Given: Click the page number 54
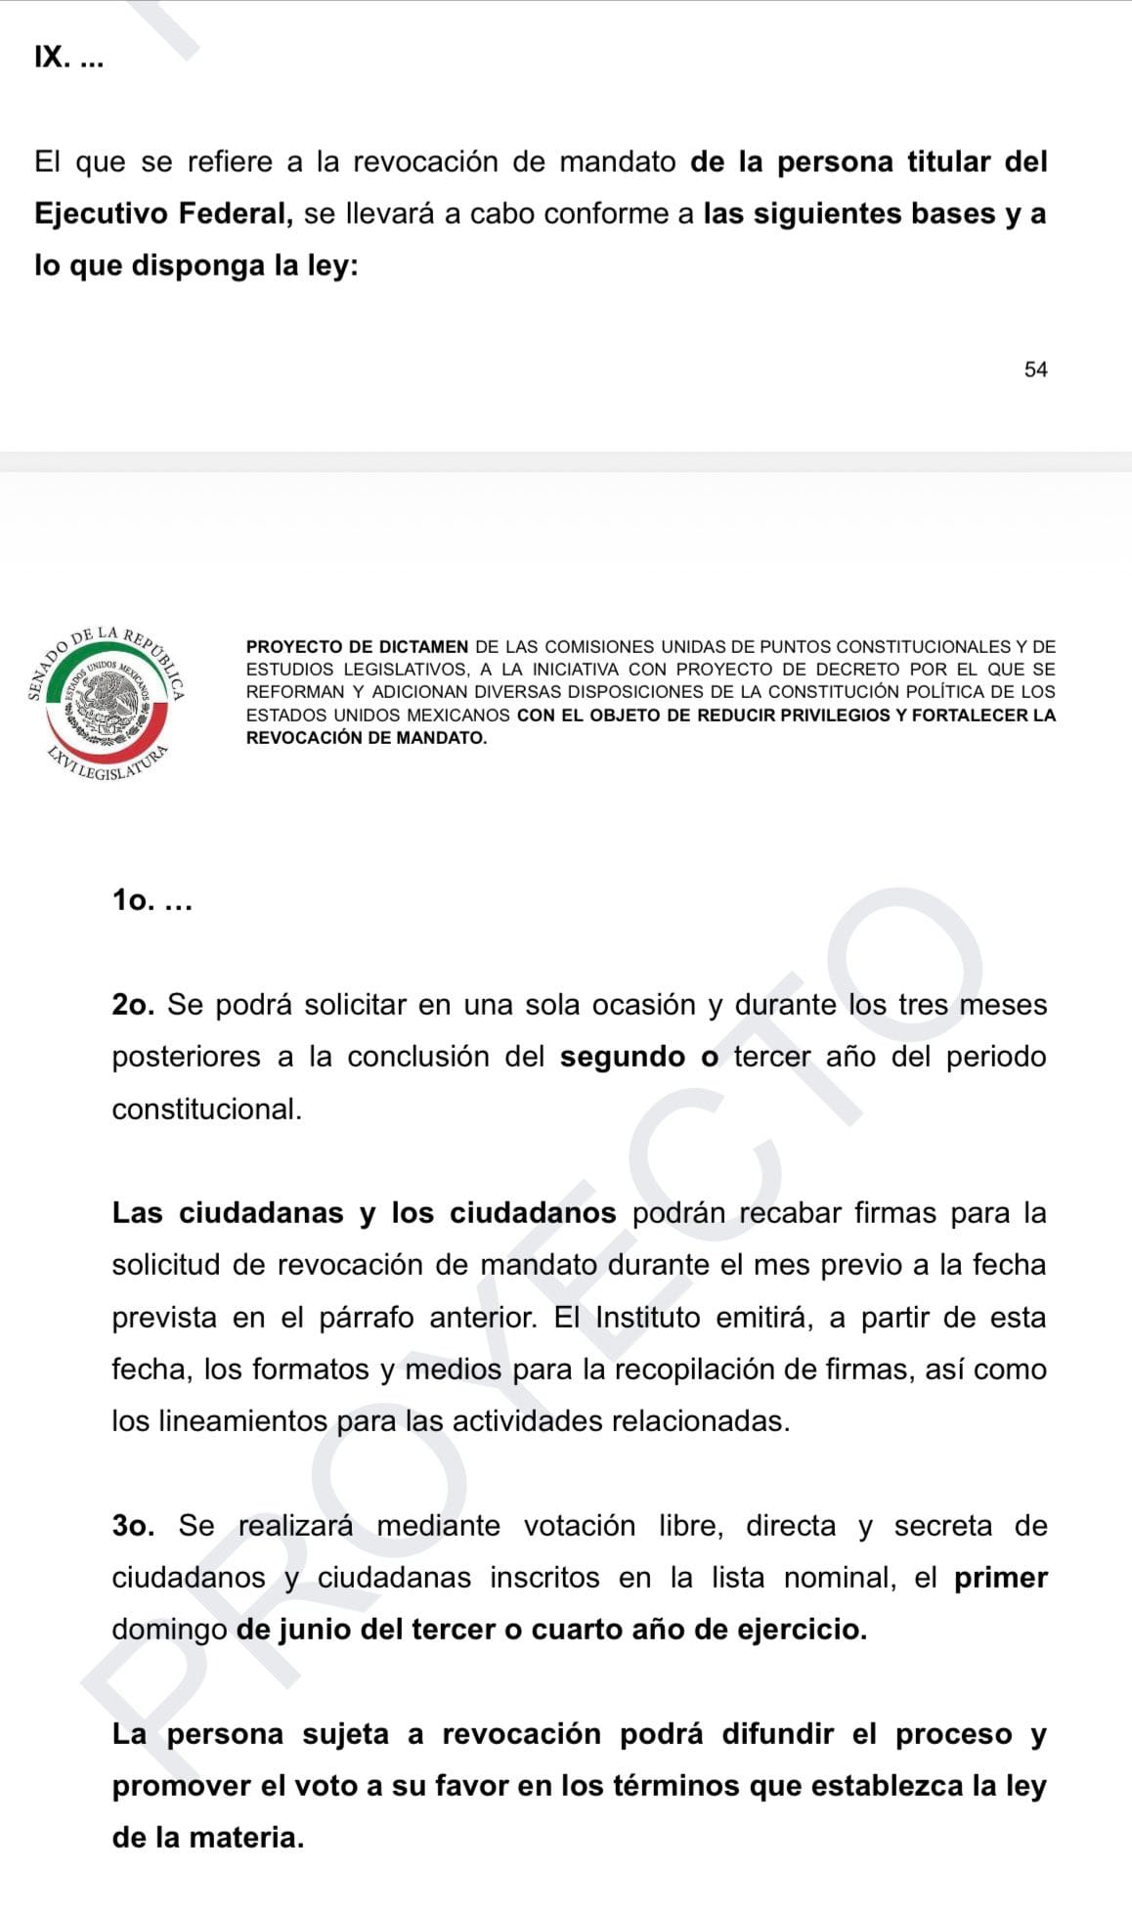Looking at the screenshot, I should click(x=1035, y=370).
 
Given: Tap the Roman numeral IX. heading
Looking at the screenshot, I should click(x=52, y=58).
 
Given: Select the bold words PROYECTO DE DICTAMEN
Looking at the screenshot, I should click(x=357, y=647).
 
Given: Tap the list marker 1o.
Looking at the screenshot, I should click(x=133, y=900).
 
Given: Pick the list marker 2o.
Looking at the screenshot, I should click(x=133, y=1005).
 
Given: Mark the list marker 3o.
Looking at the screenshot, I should click(x=133, y=1526).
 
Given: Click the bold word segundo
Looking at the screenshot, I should click(x=622, y=1057).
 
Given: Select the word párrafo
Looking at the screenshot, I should click(x=366, y=1318).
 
